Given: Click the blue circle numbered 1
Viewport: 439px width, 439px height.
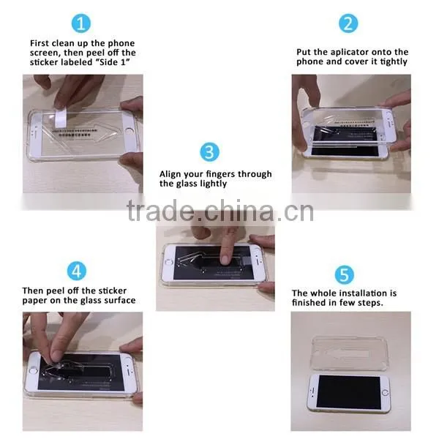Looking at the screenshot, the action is point(81,23).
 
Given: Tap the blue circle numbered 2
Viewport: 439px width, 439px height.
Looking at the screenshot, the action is point(348,23).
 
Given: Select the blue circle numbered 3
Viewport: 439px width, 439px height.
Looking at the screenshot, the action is point(209,152).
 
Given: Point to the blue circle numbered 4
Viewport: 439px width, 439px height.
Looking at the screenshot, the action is point(77,271).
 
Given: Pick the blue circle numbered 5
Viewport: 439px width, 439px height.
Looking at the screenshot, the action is point(345,274).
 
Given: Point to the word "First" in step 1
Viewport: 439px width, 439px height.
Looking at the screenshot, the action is point(40,43).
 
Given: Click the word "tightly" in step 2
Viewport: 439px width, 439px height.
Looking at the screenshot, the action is point(394,62).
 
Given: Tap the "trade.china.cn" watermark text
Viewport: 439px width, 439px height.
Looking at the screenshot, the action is point(220,210).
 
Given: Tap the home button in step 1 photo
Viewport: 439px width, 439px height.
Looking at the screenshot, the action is point(130,131).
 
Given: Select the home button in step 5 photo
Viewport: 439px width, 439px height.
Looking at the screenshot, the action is point(385,392).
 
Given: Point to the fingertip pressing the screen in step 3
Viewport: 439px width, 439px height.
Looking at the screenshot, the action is point(225,260).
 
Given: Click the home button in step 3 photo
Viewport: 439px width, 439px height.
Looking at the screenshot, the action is point(168,262).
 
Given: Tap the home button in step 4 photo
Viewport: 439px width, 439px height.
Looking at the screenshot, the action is point(33,371).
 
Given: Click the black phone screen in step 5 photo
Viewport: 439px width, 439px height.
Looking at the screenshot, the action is point(348,392).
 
